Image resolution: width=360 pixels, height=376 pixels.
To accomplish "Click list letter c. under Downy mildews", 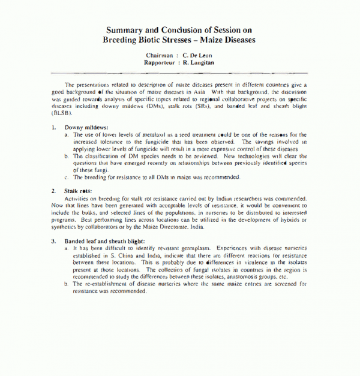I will pyautogui.click(x=67, y=178).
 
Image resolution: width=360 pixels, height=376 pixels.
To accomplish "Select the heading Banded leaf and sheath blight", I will pyautogui.click(x=104, y=241).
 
